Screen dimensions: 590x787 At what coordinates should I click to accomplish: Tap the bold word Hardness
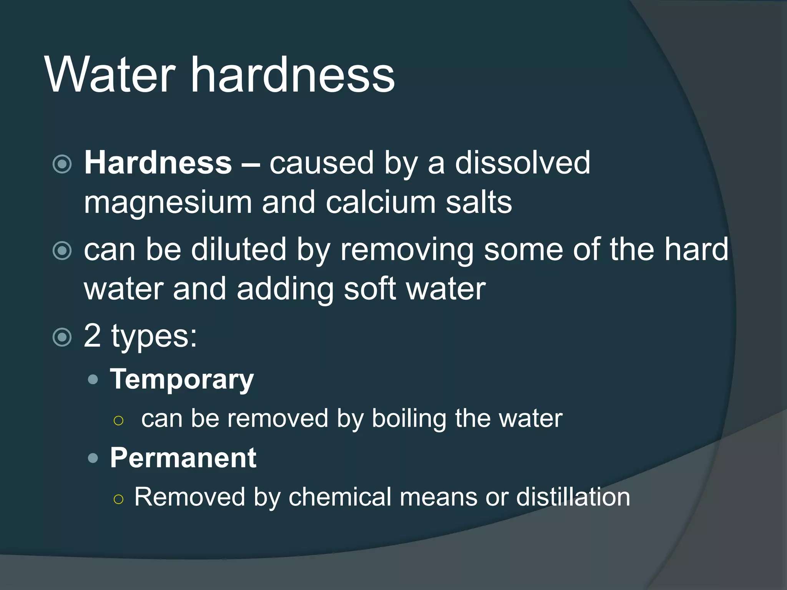tap(158, 163)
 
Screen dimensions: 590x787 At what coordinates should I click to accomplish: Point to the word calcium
tap(381, 202)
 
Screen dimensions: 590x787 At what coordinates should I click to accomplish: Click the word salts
tap(479, 202)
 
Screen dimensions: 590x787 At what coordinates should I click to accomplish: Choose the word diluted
tap(239, 250)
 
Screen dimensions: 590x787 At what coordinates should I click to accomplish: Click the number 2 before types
tap(93, 336)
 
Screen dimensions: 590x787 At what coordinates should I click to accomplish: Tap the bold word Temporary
tap(182, 380)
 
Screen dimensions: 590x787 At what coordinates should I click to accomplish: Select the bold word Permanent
tap(183, 458)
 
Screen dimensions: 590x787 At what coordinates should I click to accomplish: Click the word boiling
tap(409, 419)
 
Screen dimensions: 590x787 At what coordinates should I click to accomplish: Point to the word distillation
tap(573, 497)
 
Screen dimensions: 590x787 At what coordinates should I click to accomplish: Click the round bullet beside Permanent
tap(93, 458)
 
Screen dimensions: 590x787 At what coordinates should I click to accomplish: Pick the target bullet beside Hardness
tap(62, 164)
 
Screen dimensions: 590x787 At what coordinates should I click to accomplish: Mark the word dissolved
tap(523, 163)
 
